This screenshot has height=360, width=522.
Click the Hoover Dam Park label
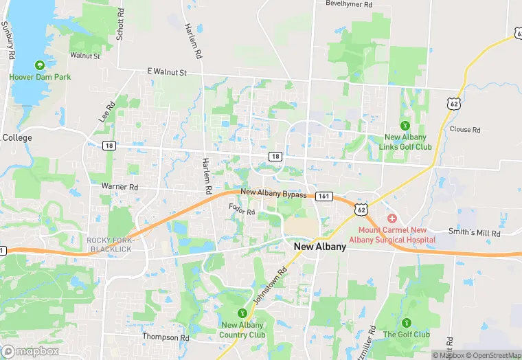[40, 78]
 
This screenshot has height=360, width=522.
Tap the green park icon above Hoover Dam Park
[40, 65]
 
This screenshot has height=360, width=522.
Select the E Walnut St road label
[167, 71]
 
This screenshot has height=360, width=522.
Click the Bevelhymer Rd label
[349, 4]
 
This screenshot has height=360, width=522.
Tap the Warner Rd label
[120, 187]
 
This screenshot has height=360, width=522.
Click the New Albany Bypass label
[273, 195]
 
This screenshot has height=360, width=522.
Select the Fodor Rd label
[242, 208]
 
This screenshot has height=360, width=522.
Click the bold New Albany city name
[319, 246]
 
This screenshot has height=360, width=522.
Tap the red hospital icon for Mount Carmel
[391, 218]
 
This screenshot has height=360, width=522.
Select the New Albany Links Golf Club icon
[405, 126]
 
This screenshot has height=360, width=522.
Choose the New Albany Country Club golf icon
[242, 313]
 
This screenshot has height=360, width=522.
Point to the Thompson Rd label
[166, 337]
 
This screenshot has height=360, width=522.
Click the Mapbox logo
[31, 351]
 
